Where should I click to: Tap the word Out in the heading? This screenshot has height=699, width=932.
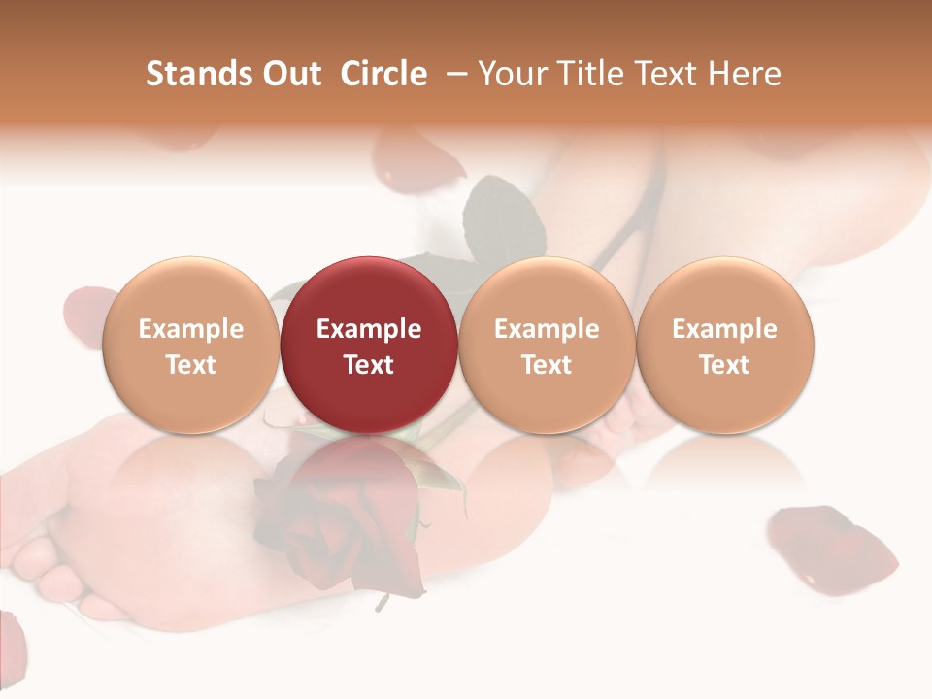point(290,75)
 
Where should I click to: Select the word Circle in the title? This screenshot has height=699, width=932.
point(383,75)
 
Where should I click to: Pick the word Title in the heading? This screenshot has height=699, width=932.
point(585,75)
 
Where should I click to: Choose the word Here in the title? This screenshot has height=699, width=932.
point(746,75)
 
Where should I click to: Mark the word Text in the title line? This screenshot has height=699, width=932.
point(663,75)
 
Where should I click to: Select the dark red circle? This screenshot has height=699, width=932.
point(369,345)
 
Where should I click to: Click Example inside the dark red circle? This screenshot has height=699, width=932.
point(369,329)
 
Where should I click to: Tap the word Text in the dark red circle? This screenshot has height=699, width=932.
point(369,365)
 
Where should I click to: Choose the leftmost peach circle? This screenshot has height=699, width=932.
point(190,345)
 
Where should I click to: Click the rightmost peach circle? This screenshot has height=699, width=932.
point(725,345)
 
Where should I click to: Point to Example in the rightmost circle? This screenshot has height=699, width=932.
point(725,329)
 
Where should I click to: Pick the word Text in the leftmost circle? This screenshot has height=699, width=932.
point(190,365)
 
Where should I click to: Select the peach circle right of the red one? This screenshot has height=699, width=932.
point(547,345)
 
